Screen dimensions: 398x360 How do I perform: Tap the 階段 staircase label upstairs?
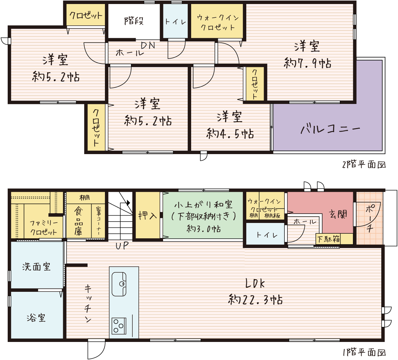click(x=134, y=21)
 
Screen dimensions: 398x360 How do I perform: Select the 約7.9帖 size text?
click(x=307, y=63)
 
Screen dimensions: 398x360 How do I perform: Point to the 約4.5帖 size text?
click(x=230, y=134)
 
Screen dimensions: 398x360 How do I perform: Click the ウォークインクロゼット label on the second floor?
click(x=218, y=22)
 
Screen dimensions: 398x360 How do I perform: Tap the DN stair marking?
click(x=148, y=45)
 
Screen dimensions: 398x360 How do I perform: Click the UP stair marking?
click(x=122, y=245)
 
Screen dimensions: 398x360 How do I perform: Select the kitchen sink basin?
click(x=119, y=284)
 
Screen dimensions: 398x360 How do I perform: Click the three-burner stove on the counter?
click(x=119, y=326)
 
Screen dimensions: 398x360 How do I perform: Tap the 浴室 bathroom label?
click(x=36, y=318)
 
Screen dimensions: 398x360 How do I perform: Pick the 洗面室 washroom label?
click(x=36, y=266)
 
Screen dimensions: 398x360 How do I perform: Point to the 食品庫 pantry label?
click(x=79, y=221)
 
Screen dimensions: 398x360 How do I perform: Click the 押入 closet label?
click(x=147, y=216)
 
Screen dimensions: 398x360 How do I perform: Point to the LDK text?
click(x=255, y=283)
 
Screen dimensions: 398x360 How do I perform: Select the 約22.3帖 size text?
click(x=255, y=299)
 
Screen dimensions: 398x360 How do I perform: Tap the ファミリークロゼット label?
click(x=43, y=228)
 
